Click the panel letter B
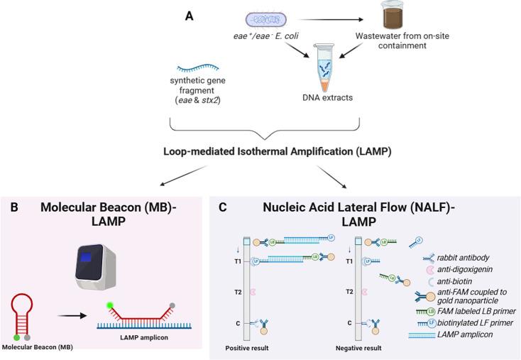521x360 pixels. pyautogui.click(x=14, y=208)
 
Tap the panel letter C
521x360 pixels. pyautogui.click(x=223, y=208)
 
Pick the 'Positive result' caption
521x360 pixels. pyautogui.click(x=247, y=349)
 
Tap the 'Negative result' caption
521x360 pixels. pyautogui.click(x=358, y=349)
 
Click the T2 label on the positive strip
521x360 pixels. pyautogui.click(x=229, y=292)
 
